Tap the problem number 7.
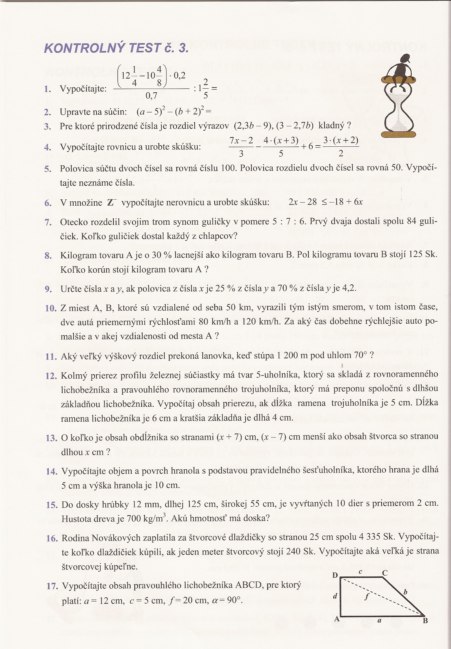48,222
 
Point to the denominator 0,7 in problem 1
151,96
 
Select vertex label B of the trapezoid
425,621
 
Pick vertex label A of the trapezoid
337,619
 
